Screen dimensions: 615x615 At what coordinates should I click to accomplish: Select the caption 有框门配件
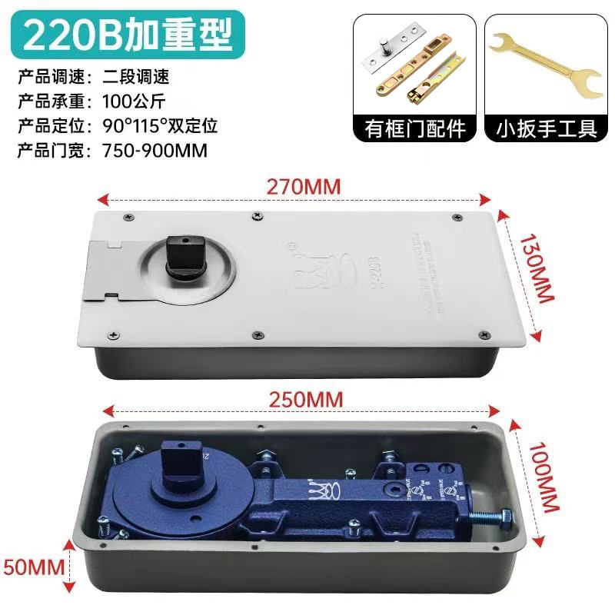pos(415,127)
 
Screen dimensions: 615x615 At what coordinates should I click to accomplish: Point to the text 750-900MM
pos(155,150)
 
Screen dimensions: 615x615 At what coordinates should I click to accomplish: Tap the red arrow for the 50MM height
pos(71,566)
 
